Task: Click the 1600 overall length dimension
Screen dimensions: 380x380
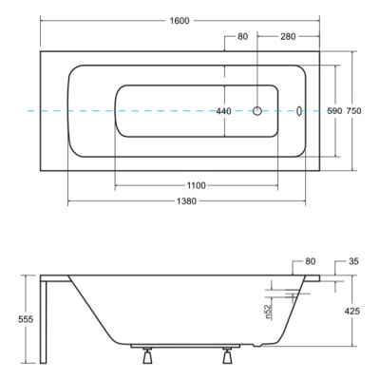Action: pyautogui.click(x=180, y=21)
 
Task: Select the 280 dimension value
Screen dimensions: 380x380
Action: pyautogui.click(x=288, y=37)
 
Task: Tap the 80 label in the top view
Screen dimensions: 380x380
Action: pyautogui.click(x=242, y=37)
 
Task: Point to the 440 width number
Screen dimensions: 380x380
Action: pyautogui.click(x=223, y=111)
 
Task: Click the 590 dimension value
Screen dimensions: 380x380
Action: pyautogui.click(x=334, y=111)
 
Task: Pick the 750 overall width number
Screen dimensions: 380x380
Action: pyautogui.click(x=353, y=111)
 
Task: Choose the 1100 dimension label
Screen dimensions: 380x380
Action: pyautogui.click(x=197, y=185)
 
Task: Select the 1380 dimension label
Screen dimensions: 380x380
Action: pyautogui.click(x=187, y=201)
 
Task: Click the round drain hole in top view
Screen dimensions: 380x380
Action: pyautogui.click(x=257, y=111)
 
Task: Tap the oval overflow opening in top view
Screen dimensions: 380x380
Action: pyautogui.click(x=299, y=111)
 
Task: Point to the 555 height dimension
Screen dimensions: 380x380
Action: pyautogui.click(x=26, y=319)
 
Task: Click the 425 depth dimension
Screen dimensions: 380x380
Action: pyautogui.click(x=352, y=311)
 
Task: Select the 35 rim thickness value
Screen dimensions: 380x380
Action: pyautogui.click(x=353, y=261)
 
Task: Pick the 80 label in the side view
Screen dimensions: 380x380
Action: pyautogui.click(x=311, y=261)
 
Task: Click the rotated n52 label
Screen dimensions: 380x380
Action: pyautogui.click(x=268, y=312)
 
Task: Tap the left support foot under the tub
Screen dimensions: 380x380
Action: pyautogui.click(x=147, y=355)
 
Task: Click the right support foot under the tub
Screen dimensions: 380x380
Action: pyautogui.click(x=227, y=355)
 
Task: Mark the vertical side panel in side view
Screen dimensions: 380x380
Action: pyautogui.click(x=44, y=319)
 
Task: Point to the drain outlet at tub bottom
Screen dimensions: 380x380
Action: pyautogui.click(x=257, y=344)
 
